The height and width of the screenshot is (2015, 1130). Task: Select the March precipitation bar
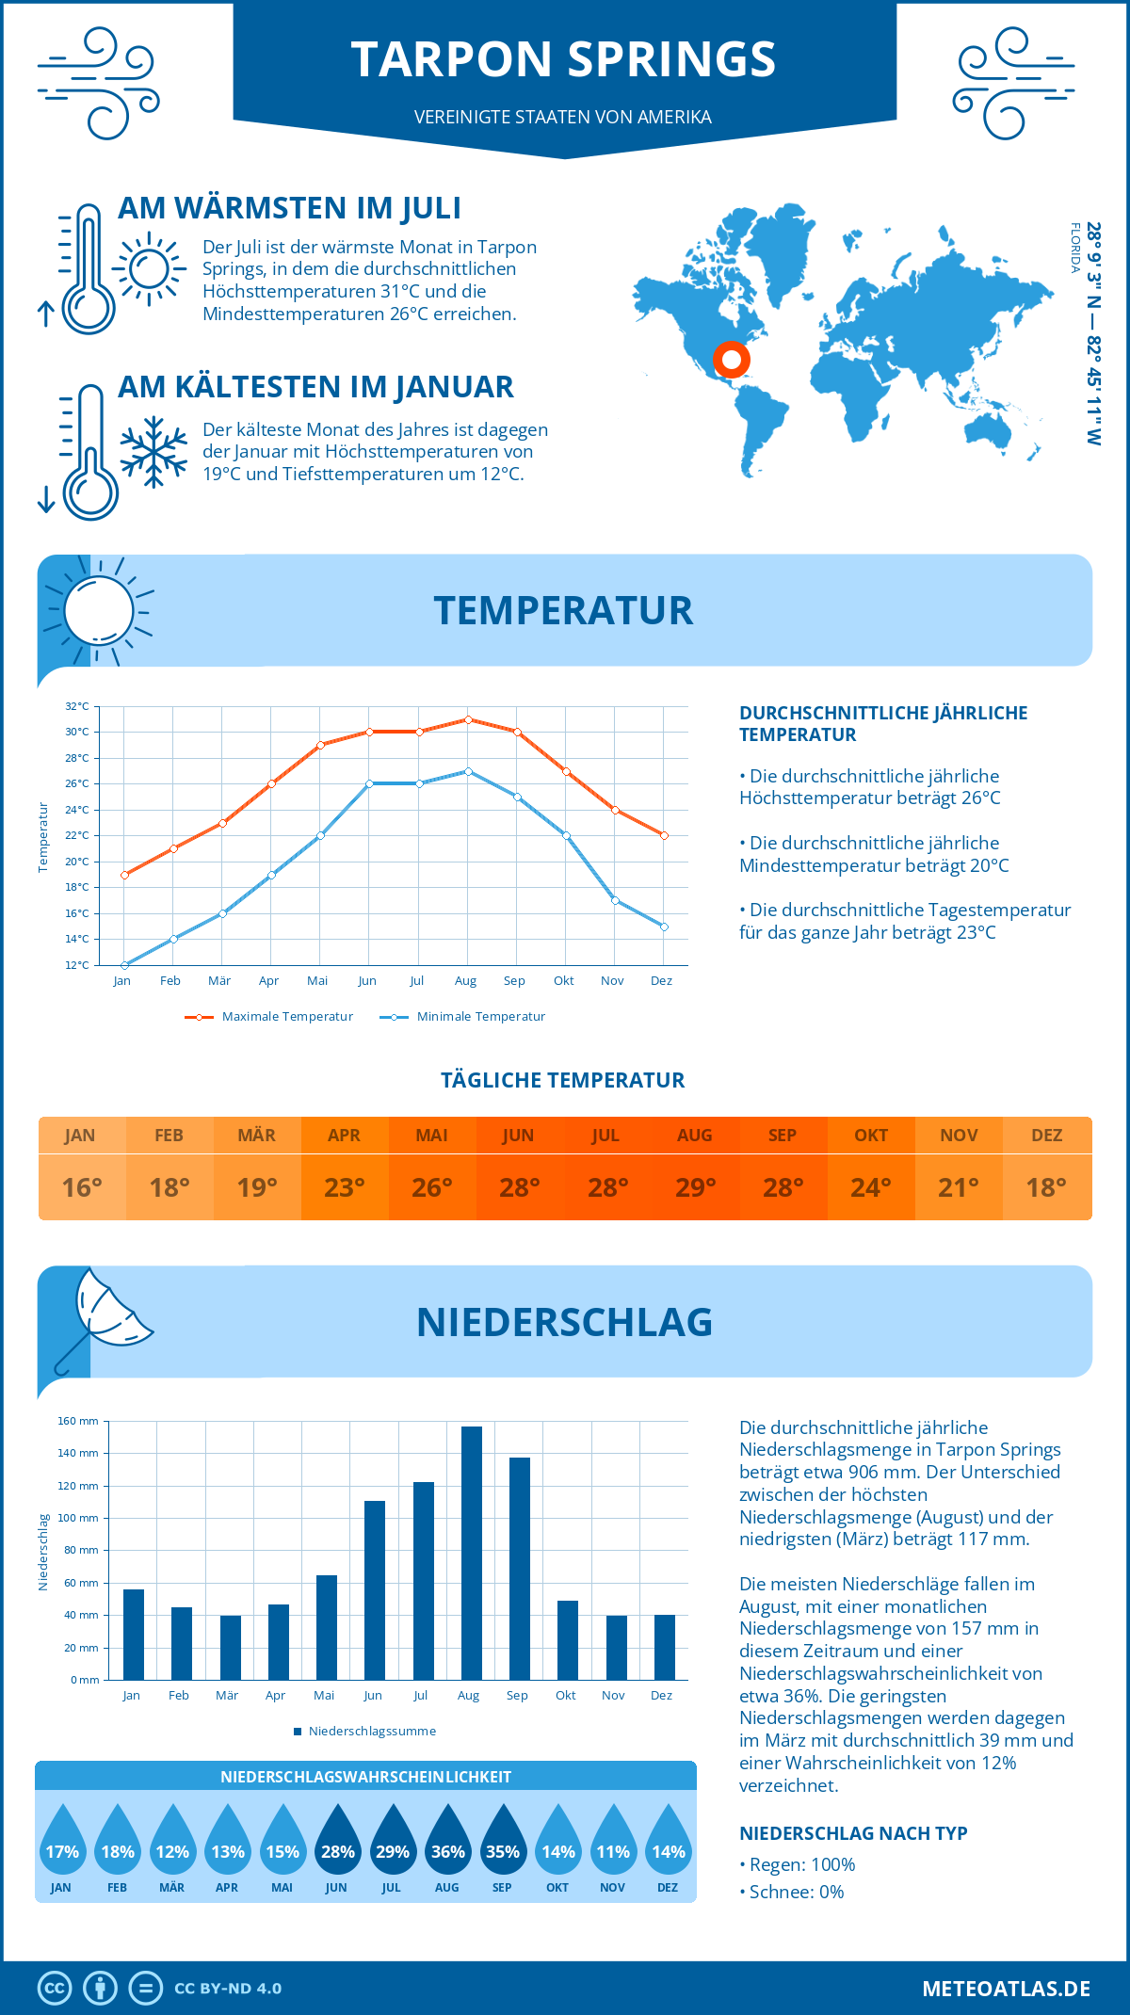pyautogui.click(x=231, y=1648)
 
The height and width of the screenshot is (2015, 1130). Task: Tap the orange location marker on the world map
pyautogui.click(x=731, y=360)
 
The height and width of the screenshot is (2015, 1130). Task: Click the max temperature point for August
pyautogui.click(x=468, y=719)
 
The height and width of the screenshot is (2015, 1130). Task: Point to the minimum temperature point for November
pyautogui.click(x=615, y=900)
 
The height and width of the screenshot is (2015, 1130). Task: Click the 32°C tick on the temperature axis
pyautogui.click(x=77, y=706)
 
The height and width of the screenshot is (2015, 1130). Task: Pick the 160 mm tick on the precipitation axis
pyautogui.click(x=79, y=1421)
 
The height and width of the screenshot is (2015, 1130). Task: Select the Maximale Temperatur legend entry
pyautogui.click(x=269, y=1017)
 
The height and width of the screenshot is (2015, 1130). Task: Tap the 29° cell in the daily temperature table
pyautogui.click(x=695, y=1187)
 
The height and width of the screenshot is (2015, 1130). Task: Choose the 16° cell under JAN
pyautogui.click(x=81, y=1187)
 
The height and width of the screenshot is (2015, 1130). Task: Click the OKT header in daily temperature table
pyautogui.click(x=871, y=1136)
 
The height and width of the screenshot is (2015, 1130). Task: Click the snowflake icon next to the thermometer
pyautogui.click(x=153, y=452)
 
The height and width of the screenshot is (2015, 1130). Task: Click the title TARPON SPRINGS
pyautogui.click(x=563, y=59)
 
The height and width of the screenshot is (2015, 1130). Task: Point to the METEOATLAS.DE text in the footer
pyautogui.click(x=1006, y=1988)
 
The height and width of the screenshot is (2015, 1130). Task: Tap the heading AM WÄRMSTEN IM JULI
pyautogui.click(x=289, y=208)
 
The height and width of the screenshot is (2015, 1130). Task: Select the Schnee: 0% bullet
pyautogui.click(x=793, y=1892)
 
